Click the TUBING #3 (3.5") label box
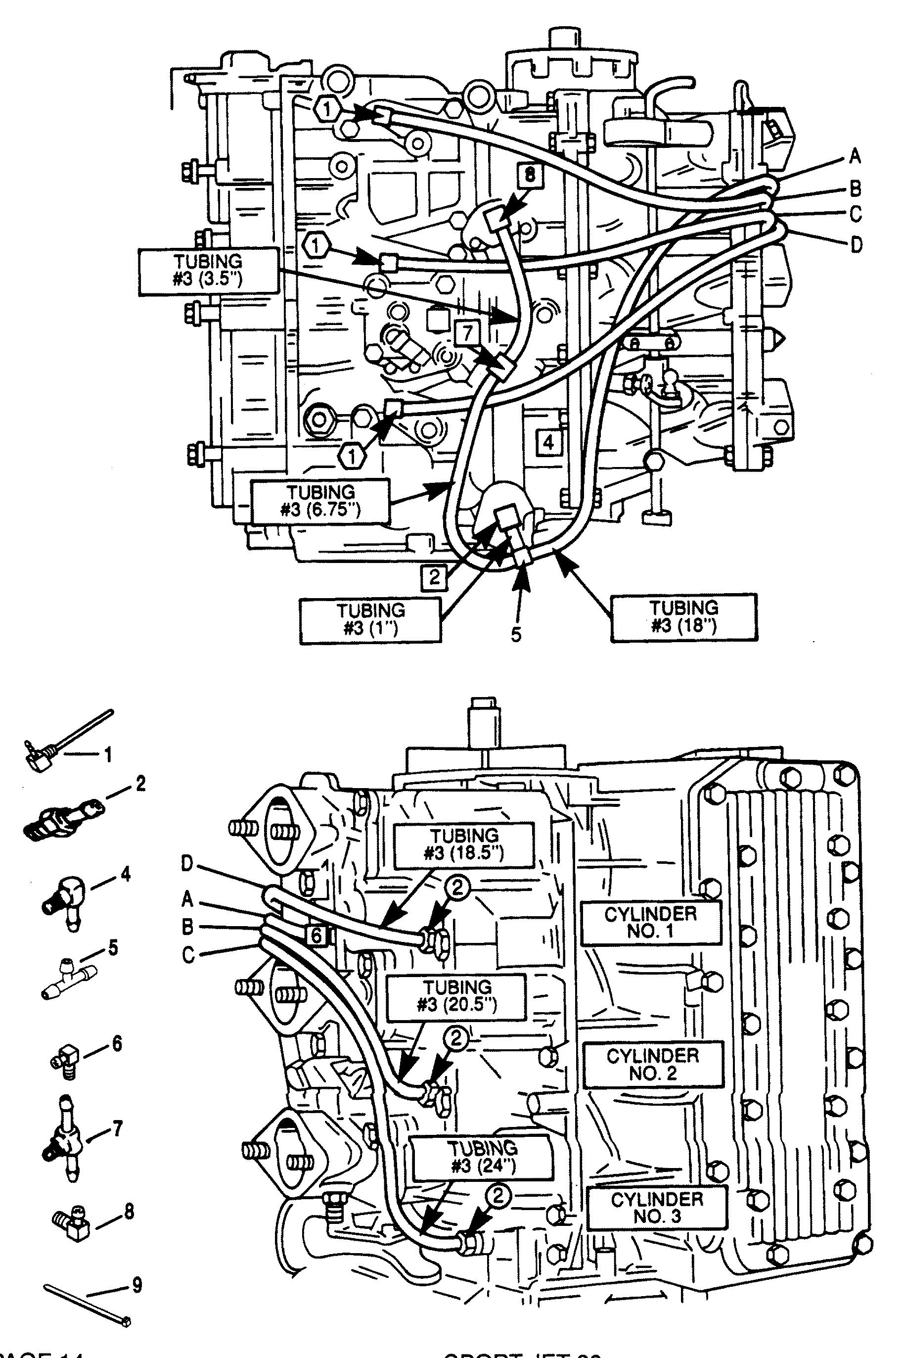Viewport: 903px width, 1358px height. click(x=208, y=272)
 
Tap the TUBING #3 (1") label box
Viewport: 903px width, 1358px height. click(x=370, y=619)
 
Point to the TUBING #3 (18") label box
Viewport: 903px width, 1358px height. click(x=683, y=617)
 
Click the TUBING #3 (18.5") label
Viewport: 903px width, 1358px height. click(x=463, y=844)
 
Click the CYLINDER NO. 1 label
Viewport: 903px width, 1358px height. click(x=651, y=923)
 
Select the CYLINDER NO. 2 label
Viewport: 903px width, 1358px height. click(x=653, y=1064)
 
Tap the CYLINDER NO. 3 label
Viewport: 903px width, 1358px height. click(x=657, y=1207)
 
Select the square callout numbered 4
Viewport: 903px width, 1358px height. click(x=548, y=442)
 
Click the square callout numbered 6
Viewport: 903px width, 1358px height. click(x=316, y=935)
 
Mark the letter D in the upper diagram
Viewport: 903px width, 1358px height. click(x=857, y=245)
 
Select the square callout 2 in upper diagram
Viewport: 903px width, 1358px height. click(x=434, y=576)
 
